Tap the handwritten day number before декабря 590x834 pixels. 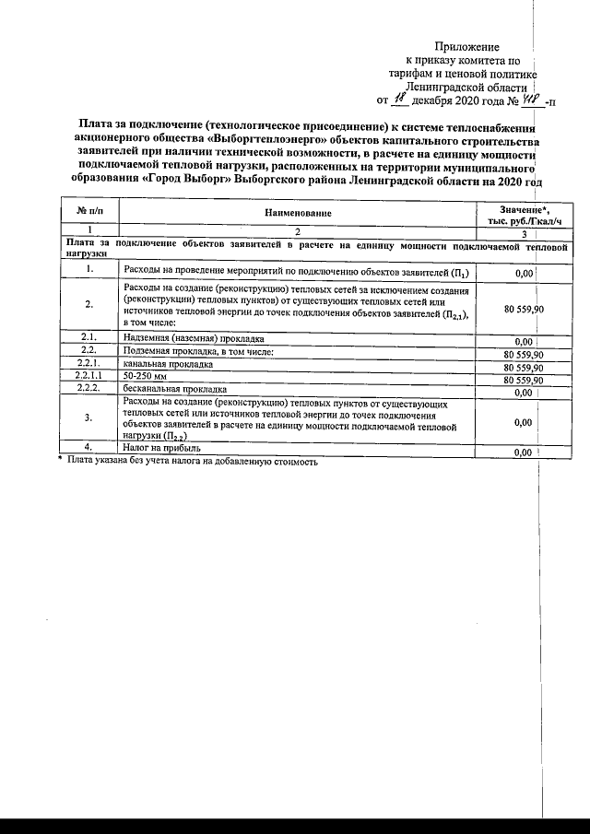click(399, 98)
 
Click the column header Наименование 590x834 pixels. click(301, 214)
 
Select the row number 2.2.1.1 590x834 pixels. click(89, 378)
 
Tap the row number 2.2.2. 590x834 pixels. click(89, 391)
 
